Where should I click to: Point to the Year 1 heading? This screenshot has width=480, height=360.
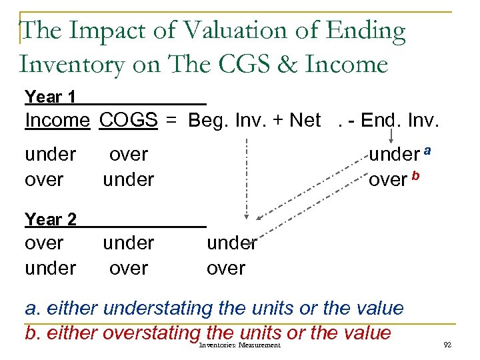[50, 97]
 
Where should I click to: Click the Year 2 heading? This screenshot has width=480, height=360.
[51, 219]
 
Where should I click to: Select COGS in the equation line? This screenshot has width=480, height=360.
[128, 121]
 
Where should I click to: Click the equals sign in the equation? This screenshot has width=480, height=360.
[172, 121]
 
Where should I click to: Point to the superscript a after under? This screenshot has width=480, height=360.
[427, 151]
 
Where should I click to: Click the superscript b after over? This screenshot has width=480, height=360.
[416, 176]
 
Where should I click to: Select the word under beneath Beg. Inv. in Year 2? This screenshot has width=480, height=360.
[231, 243]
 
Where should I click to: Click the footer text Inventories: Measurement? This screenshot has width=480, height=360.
[240, 345]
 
